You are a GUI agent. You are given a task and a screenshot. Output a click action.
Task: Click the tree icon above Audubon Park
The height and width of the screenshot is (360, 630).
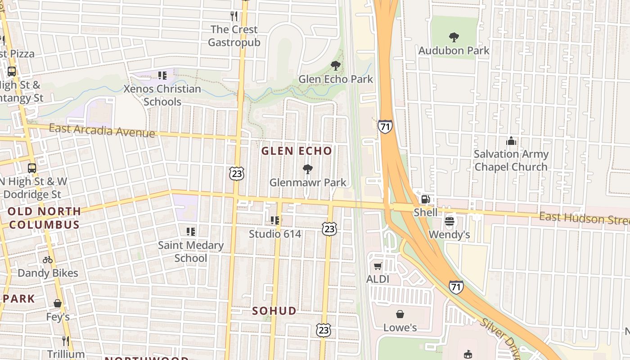454,37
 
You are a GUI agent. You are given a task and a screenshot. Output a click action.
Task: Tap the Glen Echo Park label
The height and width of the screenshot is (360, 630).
336,79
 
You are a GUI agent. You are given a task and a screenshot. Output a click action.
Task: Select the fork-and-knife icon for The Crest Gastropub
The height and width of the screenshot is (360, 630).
234,16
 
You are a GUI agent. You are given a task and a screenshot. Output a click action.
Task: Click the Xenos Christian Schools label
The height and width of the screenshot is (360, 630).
162,95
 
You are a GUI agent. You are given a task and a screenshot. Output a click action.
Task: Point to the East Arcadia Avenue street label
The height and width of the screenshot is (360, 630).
102,130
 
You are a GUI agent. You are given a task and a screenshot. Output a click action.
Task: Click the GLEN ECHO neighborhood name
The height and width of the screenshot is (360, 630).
297,151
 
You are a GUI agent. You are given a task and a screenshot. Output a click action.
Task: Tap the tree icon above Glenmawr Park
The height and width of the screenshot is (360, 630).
308,169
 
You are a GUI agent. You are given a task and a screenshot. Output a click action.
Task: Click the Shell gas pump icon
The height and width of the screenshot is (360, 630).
425,199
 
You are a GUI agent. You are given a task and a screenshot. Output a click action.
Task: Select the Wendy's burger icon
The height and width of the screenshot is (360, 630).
449,221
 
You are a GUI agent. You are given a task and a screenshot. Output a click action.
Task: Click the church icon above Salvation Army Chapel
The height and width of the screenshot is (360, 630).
511,141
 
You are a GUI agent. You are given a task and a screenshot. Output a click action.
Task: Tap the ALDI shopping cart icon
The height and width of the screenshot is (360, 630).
378,266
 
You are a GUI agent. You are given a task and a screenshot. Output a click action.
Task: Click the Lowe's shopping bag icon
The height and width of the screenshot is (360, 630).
400,314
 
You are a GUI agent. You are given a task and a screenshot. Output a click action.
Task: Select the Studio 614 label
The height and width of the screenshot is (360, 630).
275,234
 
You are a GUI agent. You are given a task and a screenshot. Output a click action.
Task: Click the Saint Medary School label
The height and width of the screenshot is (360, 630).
191,252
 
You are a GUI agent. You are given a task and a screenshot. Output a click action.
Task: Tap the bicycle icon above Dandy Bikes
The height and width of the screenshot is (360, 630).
48,260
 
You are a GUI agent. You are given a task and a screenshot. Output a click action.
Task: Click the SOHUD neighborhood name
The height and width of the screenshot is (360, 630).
274,311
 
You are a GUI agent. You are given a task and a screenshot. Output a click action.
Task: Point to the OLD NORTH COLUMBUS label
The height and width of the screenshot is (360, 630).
44,218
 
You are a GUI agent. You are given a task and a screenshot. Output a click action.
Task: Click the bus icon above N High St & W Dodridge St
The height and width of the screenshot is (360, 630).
31,168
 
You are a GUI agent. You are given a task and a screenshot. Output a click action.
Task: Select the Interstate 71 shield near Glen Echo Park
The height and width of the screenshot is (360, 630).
385,127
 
